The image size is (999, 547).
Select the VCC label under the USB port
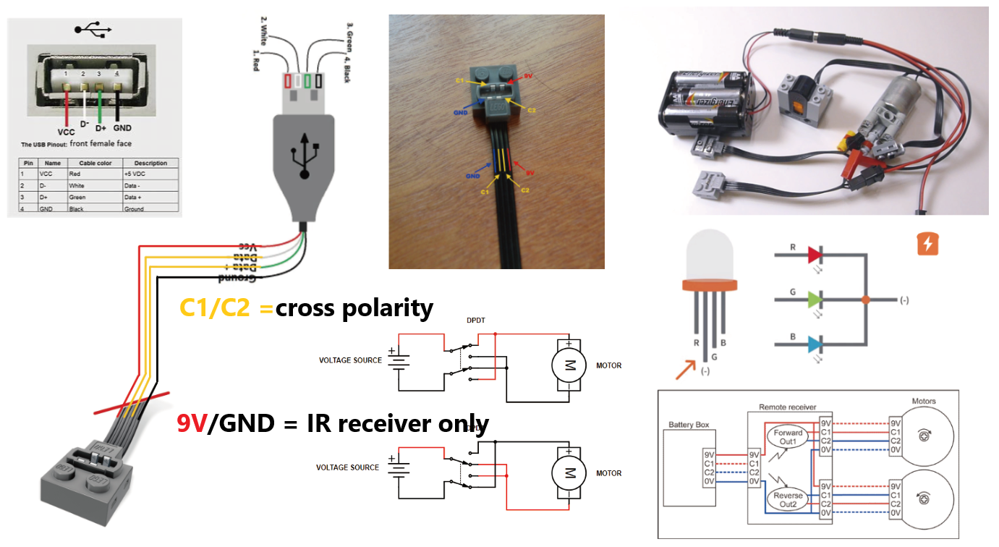(x=67, y=132)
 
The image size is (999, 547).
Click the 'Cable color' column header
(x=95, y=163)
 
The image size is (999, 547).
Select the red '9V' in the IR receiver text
(x=192, y=423)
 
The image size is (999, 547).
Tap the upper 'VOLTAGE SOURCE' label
(x=350, y=360)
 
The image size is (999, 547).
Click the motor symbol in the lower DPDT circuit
(x=570, y=473)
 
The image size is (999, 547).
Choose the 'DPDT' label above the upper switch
(x=477, y=319)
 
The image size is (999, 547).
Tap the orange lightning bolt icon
(x=927, y=244)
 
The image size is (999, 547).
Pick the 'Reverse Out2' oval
(x=788, y=500)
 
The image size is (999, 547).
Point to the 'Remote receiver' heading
(x=788, y=408)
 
